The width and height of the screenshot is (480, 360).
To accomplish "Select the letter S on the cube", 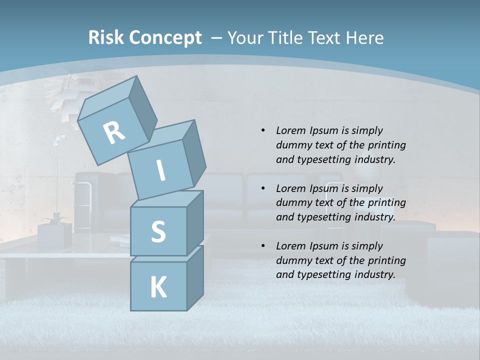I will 158,232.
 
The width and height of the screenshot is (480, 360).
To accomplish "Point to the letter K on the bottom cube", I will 158,287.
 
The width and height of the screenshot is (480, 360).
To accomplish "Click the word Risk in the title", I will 106,37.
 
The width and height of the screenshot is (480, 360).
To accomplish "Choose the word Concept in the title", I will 166,37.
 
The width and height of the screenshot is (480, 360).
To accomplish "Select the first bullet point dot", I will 263,130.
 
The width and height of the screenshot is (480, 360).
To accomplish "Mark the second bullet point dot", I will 263,188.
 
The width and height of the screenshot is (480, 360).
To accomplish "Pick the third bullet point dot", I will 263,246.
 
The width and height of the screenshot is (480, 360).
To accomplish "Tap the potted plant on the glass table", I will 55,230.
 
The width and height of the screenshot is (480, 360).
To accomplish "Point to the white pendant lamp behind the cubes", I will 65,92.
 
